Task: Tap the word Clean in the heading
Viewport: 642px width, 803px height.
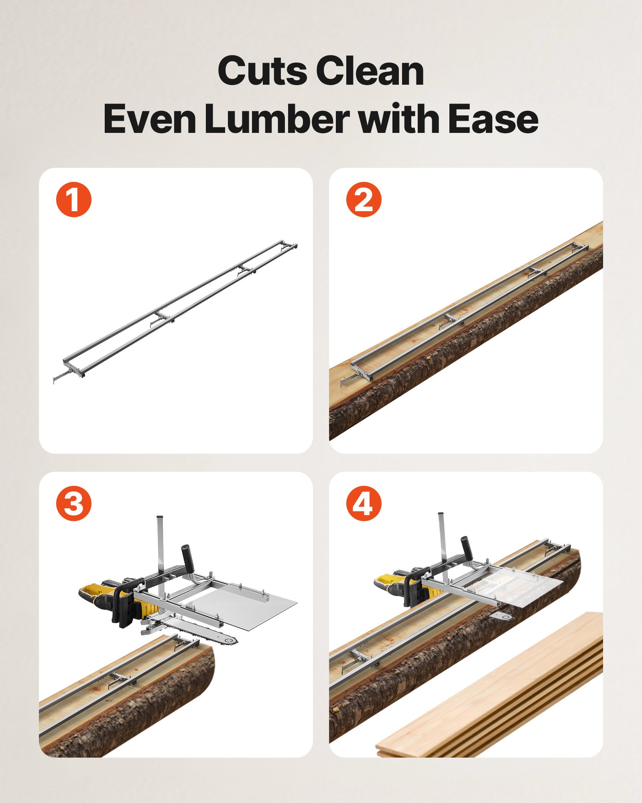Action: coord(370,71)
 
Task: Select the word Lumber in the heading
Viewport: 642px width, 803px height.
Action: coord(276,119)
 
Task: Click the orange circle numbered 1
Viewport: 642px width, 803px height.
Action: coord(74,200)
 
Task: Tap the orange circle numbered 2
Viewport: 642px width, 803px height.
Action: coord(364,200)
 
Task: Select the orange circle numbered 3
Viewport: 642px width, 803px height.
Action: coord(74,503)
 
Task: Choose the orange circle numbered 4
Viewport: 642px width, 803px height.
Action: coord(364,503)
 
